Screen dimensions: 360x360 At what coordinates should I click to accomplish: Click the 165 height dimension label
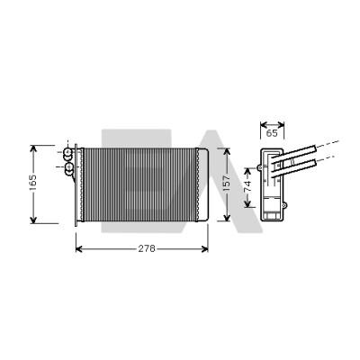tap(32, 182)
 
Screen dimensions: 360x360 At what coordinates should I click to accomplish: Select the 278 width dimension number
tap(147, 248)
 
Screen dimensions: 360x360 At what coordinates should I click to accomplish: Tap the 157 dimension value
tap(227, 184)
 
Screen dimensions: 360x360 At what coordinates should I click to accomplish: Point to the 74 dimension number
tap(247, 186)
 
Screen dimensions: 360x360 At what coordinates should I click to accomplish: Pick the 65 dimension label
tap(272, 133)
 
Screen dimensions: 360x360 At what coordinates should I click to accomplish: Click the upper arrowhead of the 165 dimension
tap(33, 149)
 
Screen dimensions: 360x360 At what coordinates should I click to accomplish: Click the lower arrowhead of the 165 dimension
tap(33, 220)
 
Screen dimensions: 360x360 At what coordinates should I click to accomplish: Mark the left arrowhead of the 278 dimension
tap(79, 248)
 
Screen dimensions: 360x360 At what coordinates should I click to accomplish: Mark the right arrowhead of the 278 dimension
tap(204, 248)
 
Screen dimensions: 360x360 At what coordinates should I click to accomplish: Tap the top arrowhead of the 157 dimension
tap(227, 151)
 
